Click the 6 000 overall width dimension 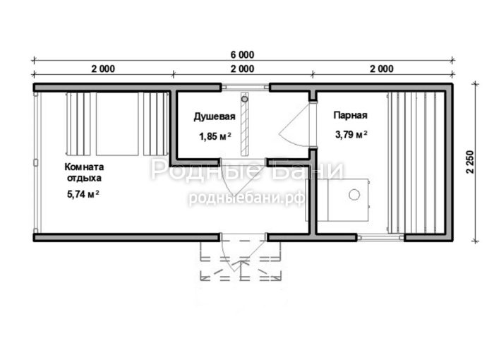(x=242, y=55)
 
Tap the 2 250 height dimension (x=470, y=162)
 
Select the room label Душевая (x=215, y=117)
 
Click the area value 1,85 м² (x=215, y=136)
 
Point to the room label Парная (x=350, y=115)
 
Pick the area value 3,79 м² (x=351, y=135)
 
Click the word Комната (x=84, y=167)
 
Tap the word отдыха (x=84, y=178)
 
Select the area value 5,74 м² (x=83, y=194)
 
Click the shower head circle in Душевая (x=244, y=99)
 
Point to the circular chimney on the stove (x=354, y=195)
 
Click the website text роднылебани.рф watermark (x=246, y=198)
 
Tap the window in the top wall (x=245, y=88)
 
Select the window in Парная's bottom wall (x=380, y=237)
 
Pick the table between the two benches (x=117, y=124)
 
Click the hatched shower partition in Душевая (x=244, y=124)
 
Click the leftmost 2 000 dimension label (x=103, y=68)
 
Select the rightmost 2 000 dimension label (x=382, y=68)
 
